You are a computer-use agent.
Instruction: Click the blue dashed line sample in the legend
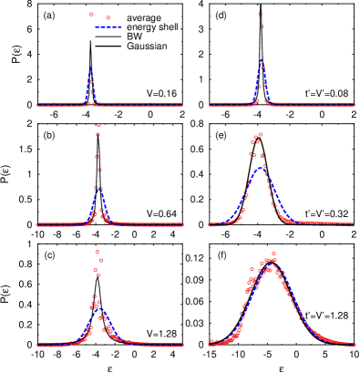point(108,27)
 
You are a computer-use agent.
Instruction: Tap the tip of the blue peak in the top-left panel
point(90,73)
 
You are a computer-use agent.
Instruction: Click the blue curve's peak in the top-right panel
point(262,60)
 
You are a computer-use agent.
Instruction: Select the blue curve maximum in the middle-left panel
point(98,187)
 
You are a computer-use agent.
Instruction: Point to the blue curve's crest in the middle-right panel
point(261,167)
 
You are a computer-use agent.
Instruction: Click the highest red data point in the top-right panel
point(260,14)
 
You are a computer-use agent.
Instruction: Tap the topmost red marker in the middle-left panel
point(98,126)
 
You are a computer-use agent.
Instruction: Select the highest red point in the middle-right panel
point(261,134)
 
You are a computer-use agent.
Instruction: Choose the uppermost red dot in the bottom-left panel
point(97,251)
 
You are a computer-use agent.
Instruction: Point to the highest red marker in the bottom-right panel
point(271,257)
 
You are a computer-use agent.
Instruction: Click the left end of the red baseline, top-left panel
point(37,105)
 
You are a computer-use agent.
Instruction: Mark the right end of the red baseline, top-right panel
point(354,105)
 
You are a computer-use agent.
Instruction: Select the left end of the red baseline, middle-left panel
point(37,224)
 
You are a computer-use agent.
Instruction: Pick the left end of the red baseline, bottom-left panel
point(37,345)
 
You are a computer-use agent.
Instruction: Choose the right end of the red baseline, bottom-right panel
point(354,344)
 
